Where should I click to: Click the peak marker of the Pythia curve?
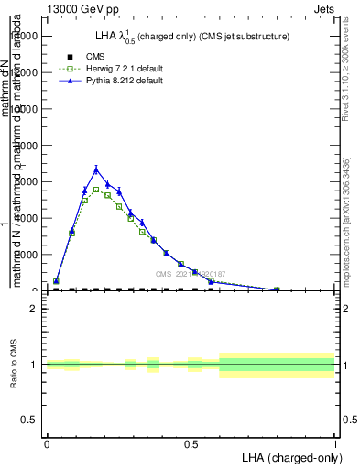click(96, 169)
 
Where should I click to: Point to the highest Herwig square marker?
click(96, 190)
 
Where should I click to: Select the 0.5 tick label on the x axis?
click(191, 443)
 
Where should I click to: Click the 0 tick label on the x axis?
click(47, 443)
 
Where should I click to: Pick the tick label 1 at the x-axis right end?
click(334, 443)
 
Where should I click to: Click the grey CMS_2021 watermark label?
click(190, 274)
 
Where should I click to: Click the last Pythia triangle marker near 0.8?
click(277, 289)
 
